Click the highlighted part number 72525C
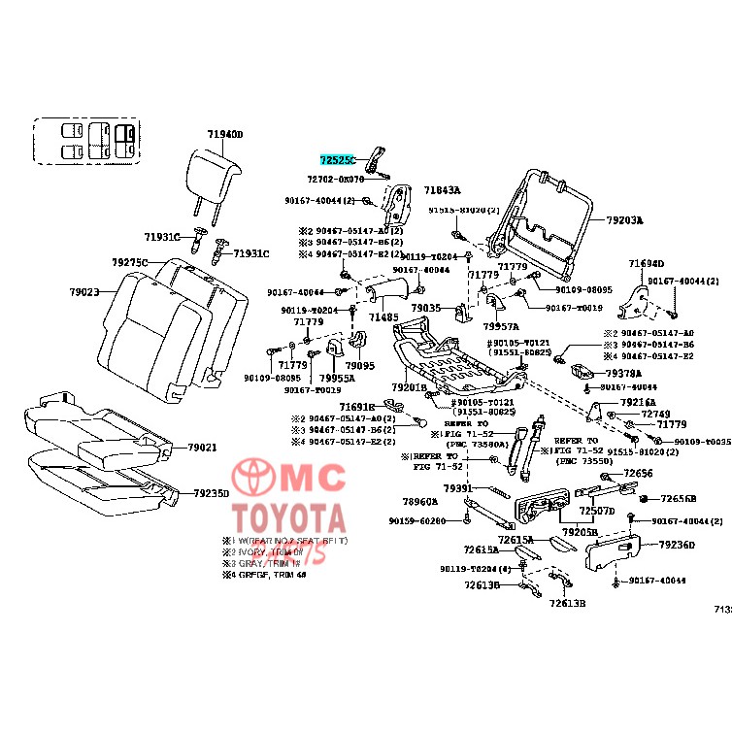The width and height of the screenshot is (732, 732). (339, 158)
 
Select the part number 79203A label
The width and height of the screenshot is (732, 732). (624, 220)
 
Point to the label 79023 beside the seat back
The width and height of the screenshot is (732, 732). (84, 291)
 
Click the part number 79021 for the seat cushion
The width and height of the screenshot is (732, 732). (202, 448)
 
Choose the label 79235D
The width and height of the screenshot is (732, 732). (211, 493)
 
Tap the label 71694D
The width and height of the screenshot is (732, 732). (646, 264)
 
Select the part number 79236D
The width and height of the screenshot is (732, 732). (678, 545)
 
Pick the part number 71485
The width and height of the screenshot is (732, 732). (383, 317)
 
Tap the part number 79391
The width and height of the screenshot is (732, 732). (457, 487)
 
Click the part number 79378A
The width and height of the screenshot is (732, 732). (623, 373)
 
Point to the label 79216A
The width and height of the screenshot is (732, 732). (638, 401)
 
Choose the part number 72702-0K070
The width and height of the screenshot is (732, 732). (335, 180)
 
